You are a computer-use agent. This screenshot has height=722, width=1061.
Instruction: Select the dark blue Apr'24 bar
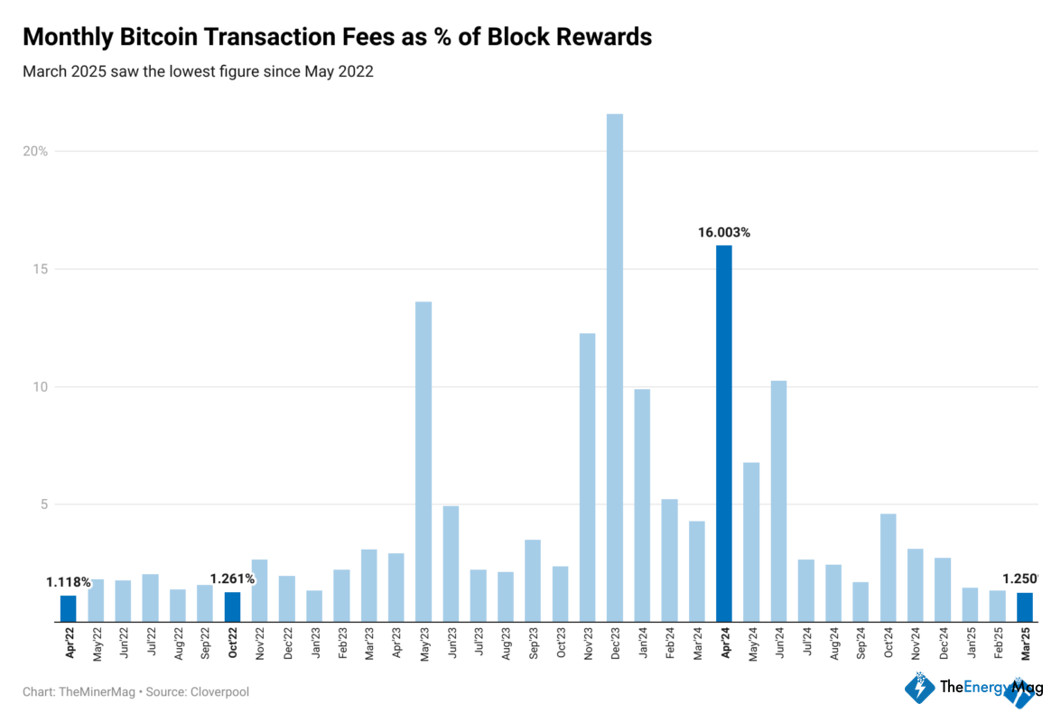(723, 433)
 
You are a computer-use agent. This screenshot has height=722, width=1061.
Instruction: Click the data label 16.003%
(723, 232)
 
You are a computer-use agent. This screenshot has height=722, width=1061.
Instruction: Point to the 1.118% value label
(68, 582)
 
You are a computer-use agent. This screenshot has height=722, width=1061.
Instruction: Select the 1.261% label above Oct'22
(232, 579)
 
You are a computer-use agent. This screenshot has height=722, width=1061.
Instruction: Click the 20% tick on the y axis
(36, 151)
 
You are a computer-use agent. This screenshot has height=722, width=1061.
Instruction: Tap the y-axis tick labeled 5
(42, 504)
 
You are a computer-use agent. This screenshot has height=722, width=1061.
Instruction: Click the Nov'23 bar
(587, 477)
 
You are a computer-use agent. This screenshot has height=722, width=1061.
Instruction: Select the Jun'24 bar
(778, 501)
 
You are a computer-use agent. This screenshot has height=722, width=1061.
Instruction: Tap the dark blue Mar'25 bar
(1024, 607)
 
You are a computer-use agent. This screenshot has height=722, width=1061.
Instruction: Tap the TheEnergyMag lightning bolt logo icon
(919, 688)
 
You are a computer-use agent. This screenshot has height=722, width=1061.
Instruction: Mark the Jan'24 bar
(641, 505)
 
